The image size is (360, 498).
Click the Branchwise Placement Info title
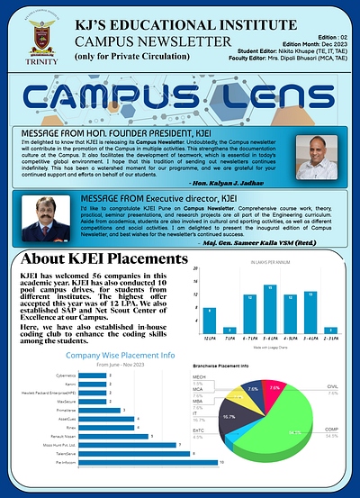tap(220, 367)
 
